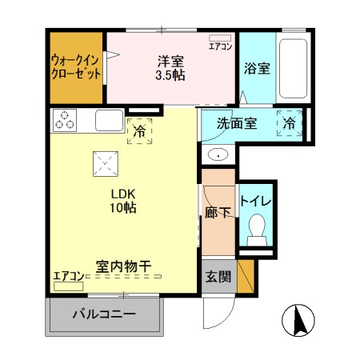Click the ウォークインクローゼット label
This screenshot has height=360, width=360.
[x=77, y=66]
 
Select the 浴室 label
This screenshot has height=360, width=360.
[x=256, y=69]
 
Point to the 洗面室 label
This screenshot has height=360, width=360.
[x=239, y=125]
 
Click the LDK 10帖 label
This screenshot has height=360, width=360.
[x=122, y=201]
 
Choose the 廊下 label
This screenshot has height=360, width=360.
[x=217, y=214]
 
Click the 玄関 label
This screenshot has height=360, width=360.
[x=218, y=278]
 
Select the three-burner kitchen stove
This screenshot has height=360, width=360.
[x=65, y=120]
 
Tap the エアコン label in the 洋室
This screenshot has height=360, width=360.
[x=221, y=46]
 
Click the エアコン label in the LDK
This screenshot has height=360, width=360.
[x=67, y=277]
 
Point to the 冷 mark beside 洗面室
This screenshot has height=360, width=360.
[x=289, y=124]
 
